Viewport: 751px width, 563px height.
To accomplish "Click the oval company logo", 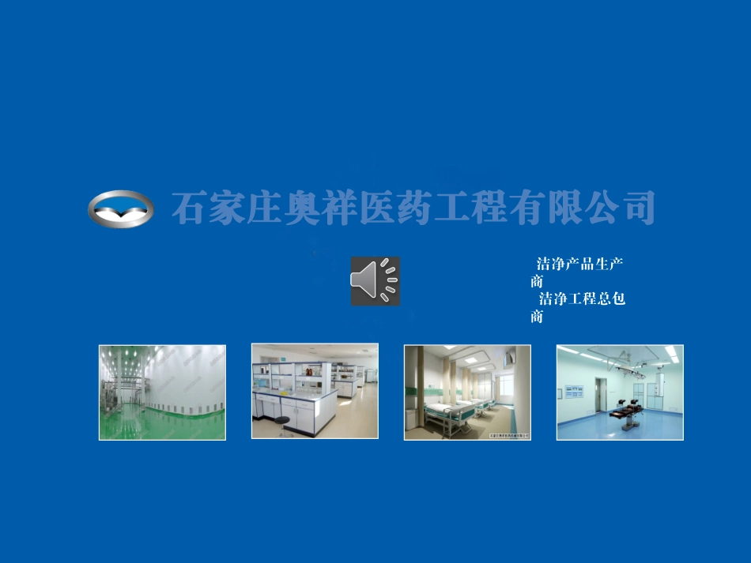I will click(119, 209).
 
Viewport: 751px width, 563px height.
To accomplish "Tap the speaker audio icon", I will click(375, 280).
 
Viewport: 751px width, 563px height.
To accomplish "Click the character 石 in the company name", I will click(189, 208).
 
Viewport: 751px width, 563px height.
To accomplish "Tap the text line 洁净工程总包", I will click(582, 299).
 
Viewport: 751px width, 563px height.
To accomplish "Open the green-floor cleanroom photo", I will click(162, 392).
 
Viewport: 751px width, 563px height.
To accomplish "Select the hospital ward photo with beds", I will click(467, 392).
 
